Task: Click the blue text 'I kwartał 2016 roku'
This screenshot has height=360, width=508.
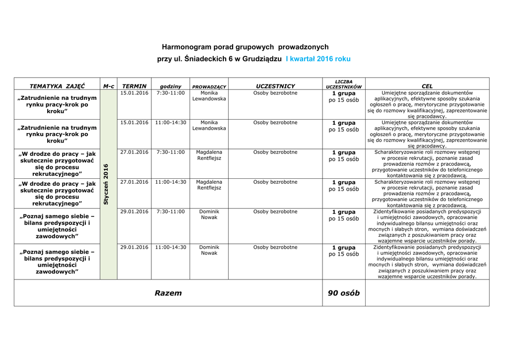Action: pyautogui.click(x=318, y=59)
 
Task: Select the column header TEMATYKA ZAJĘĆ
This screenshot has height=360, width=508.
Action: pyautogui.click(x=57, y=86)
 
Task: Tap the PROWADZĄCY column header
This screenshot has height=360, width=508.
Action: pyautogui.click(x=209, y=87)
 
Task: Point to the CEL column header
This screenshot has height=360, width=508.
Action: pyautogui.click(x=427, y=86)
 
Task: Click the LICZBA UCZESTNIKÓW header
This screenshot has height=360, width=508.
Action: pyautogui.click(x=344, y=84)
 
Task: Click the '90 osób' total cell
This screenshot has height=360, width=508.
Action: pyautogui.click(x=344, y=293)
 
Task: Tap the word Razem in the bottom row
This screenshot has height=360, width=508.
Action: pyautogui.click(x=168, y=293)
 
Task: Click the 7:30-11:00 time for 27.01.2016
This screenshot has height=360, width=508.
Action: pyautogui.click(x=170, y=152)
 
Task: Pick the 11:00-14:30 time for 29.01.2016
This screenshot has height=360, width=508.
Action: pyautogui.click(x=170, y=247)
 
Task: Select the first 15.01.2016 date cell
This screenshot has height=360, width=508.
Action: pyautogui.click(x=134, y=93)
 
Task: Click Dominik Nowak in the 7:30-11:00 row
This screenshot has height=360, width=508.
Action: pyautogui.click(x=209, y=215)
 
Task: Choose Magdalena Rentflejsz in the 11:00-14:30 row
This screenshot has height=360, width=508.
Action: pyautogui.click(x=209, y=185)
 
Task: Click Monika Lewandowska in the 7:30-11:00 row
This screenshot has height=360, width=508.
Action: pyautogui.click(x=209, y=96)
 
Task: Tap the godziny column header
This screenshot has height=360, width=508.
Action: pyautogui.click(x=170, y=87)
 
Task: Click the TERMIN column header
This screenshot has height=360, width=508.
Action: pyautogui.click(x=134, y=86)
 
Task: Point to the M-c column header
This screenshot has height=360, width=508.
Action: pyautogui.click(x=109, y=86)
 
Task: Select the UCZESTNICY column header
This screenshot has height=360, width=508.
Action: pyautogui.click(x=275, y=86)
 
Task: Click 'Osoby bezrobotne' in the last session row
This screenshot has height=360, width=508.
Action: pyautogui.click(x=275, y=247)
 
